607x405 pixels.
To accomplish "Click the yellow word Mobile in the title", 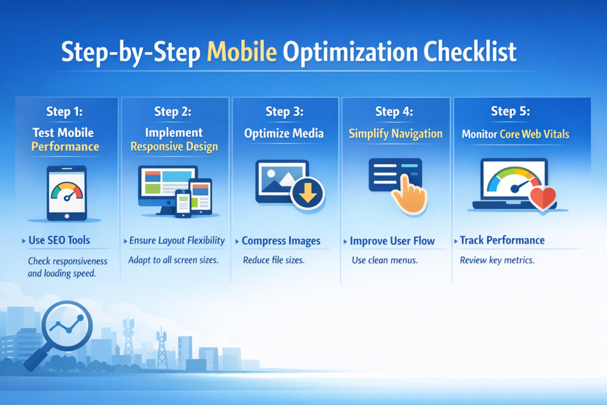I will pyautogui.click(x=242, y=52).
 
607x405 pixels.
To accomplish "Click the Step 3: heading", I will pyautogui.click(x=284, y=112).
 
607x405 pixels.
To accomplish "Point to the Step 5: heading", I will pyautogui.click(x=511, y=111).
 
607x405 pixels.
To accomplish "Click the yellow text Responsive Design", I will pyautogui.click(x=174, y=146).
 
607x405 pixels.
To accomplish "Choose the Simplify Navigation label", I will pyautogui.click(x=395, y=133).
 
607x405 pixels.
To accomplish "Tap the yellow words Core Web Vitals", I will pyautogui.click(x=534, y=134).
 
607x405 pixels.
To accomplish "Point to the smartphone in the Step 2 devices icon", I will pyautogui.click(x=183, y=202).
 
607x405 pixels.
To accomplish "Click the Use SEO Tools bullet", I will pyautogui.click(x=60, y=241).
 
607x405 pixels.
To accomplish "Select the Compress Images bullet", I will pyautogui.click(x=281, y=241).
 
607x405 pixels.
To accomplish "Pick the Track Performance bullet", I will pyautogui.click(x=502, y=240).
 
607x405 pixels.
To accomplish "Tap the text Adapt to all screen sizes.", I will pyautogui.click(x=173, y=260).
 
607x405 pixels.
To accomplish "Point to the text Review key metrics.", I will pyautogui.click(x=497, y=260).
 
